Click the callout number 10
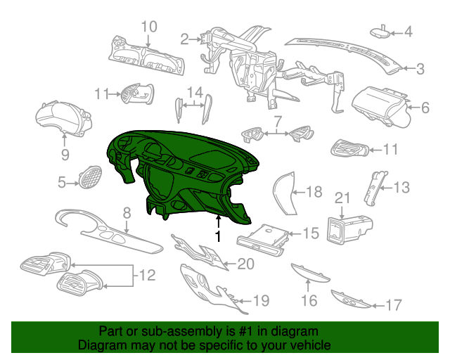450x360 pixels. point(149,27)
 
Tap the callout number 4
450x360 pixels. point(408,32)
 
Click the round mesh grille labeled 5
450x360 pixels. point(90,177)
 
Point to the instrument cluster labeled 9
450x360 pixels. point(63,118)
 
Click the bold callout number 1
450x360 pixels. point(219,236)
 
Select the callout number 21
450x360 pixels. point(342,198)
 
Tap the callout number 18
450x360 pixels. point(314,191)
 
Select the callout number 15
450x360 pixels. point(311,233)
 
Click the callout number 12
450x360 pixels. point(147,275)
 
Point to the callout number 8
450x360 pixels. point(127,213)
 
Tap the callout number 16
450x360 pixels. point(309,300)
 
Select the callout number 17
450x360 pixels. point(394,305)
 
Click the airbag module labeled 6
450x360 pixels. point(380,106)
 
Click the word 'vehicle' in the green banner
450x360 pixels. point(309,345)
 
